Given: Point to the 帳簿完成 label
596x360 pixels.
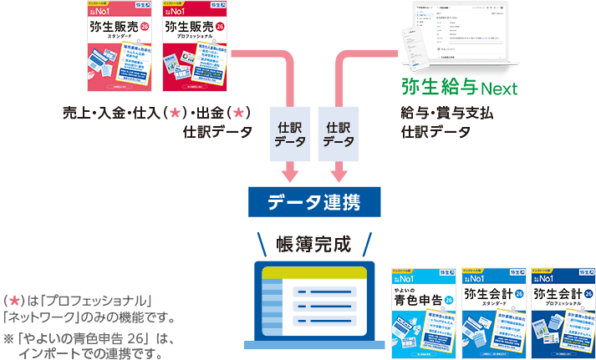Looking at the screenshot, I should (314, 243).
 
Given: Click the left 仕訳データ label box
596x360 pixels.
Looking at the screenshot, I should (289, 134).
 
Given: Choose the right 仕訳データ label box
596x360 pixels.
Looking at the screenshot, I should (339, 134).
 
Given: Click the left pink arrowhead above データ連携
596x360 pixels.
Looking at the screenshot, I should (289, 174).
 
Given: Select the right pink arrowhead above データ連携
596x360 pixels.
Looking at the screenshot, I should (339, 174).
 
